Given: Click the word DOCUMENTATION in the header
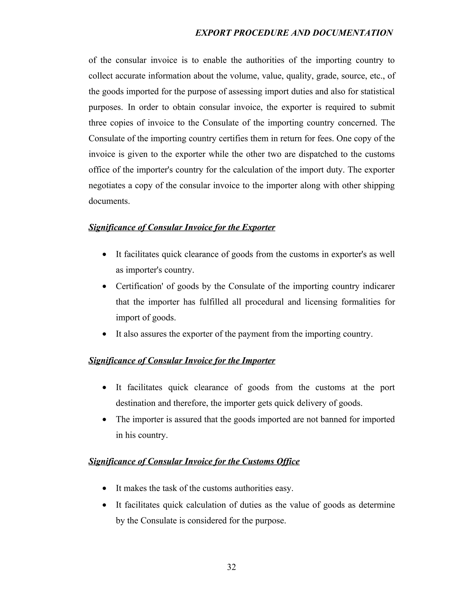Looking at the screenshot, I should tap(352, 33).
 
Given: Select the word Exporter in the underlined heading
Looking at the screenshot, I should tap(258, 227).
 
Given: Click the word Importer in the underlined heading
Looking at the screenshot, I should tap(258, 360).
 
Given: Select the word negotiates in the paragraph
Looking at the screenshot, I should tap(106, 186).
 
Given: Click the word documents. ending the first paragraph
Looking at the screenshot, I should tap(109, 201).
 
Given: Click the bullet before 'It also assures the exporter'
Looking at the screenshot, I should tap(104, 334).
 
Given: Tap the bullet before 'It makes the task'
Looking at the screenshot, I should tap(104, 488).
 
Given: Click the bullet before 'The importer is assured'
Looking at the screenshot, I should tap(104, 420).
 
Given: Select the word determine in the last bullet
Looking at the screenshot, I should tap(377, 505).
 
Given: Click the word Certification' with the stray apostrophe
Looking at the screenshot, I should tap(140, 286).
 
